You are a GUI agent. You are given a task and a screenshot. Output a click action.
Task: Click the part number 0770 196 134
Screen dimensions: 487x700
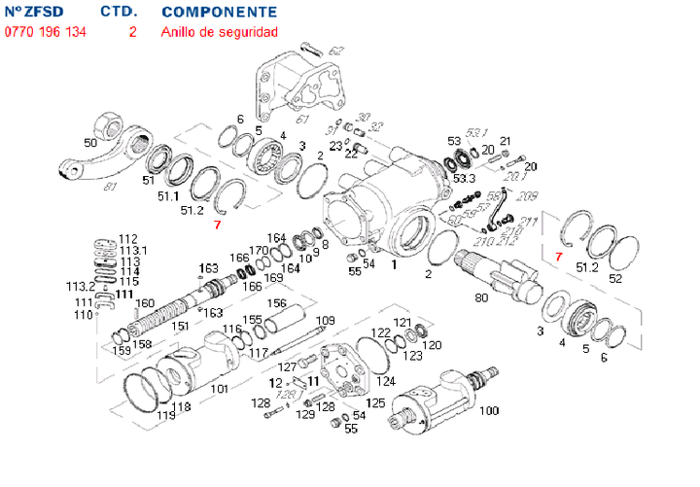click(x=45, y=32)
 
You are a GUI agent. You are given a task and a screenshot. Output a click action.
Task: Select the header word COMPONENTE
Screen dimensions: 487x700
click(x=218, y=13)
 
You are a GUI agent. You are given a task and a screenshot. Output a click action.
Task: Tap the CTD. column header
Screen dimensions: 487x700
click(x=119, y=13)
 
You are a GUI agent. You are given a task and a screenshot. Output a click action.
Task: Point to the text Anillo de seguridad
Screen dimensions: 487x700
click(x=220, y=32)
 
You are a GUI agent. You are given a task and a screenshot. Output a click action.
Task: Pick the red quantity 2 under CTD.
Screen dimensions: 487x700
click(x=132, y=32)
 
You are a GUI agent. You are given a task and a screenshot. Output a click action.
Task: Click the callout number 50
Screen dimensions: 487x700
click(x=90, y=144)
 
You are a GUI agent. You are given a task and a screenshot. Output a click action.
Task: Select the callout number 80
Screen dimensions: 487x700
click(x=481, y=296)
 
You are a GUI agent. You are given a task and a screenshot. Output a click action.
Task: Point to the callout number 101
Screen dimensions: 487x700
click(x=220, y=389)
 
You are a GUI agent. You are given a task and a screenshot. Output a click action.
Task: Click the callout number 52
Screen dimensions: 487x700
click(x=614, y=278)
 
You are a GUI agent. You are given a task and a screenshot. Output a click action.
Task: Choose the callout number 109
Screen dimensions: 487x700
click(x=326, y=321)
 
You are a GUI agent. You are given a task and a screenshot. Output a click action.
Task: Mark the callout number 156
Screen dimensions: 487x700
click(x=277, y=302)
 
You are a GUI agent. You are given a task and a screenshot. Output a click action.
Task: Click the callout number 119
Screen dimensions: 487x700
click(x=165, y=416)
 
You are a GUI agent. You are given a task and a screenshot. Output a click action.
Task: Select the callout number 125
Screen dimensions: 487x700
click(x=374, y=401)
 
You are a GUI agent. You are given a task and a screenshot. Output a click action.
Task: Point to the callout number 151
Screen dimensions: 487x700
click(x=181, y=326)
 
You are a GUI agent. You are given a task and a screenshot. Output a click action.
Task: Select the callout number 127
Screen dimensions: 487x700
click(x=287, y=366)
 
